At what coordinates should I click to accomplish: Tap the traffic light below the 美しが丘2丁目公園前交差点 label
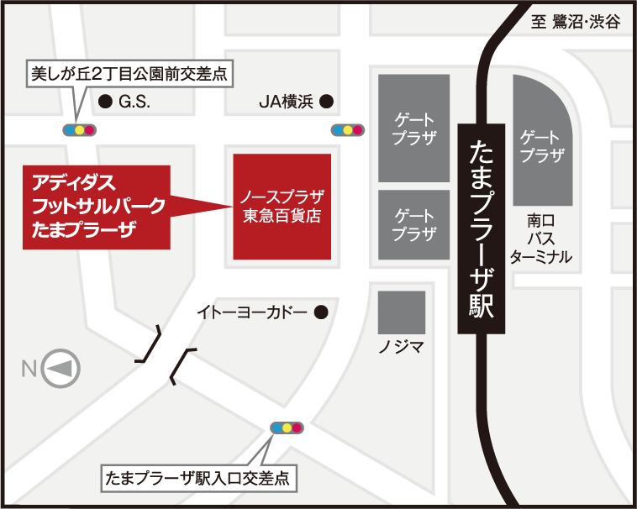[x=79, y=130]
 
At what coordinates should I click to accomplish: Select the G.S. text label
[x=134, y=102]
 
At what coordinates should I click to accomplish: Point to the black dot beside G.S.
[x=105, y=102]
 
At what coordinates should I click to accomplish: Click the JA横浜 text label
[x=285, y=102]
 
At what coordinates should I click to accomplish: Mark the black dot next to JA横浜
[x=326, y=102]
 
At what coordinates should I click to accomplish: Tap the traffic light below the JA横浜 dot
[x=347, y=130]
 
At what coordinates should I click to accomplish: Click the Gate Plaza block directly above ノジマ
[x=413, y=224]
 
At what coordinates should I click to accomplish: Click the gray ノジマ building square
[x=401, y=312]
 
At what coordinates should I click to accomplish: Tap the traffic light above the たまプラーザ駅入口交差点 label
[x=287, y=428]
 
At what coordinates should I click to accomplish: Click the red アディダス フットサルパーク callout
[x=97, y=207]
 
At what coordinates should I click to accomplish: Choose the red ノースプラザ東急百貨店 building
[x=282, y=207]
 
